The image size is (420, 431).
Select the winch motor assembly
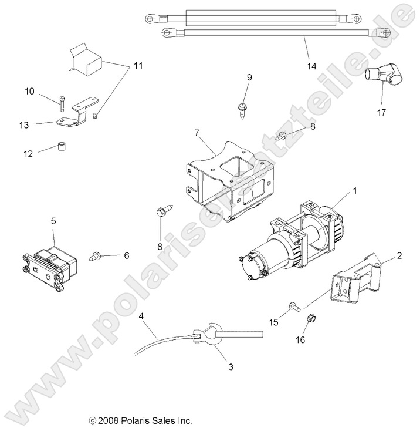[x=287, y=244]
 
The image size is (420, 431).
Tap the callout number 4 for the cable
[x=141, y=316]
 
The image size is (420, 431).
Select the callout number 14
[x=311, y=66]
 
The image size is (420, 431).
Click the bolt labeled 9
[x=242, y=110]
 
